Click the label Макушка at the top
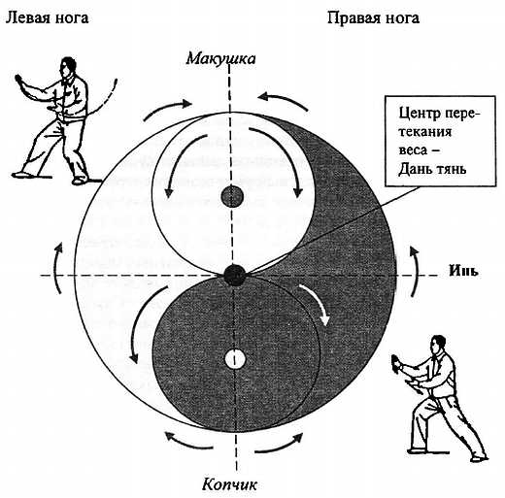(220, 58)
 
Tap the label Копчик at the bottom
(229, 484)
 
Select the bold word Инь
(463, 271)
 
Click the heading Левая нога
(48, 17)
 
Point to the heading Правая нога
(373, 17)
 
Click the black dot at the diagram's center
(235, 275)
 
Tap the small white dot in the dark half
(235, 359)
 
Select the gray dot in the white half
(232, 196)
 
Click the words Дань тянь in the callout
(432, 169)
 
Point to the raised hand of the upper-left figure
(18, 80)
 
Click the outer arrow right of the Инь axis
(414, 271)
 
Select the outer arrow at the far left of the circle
(56, 268)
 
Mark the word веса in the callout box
(414, 150)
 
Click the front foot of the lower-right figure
(478, 459)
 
